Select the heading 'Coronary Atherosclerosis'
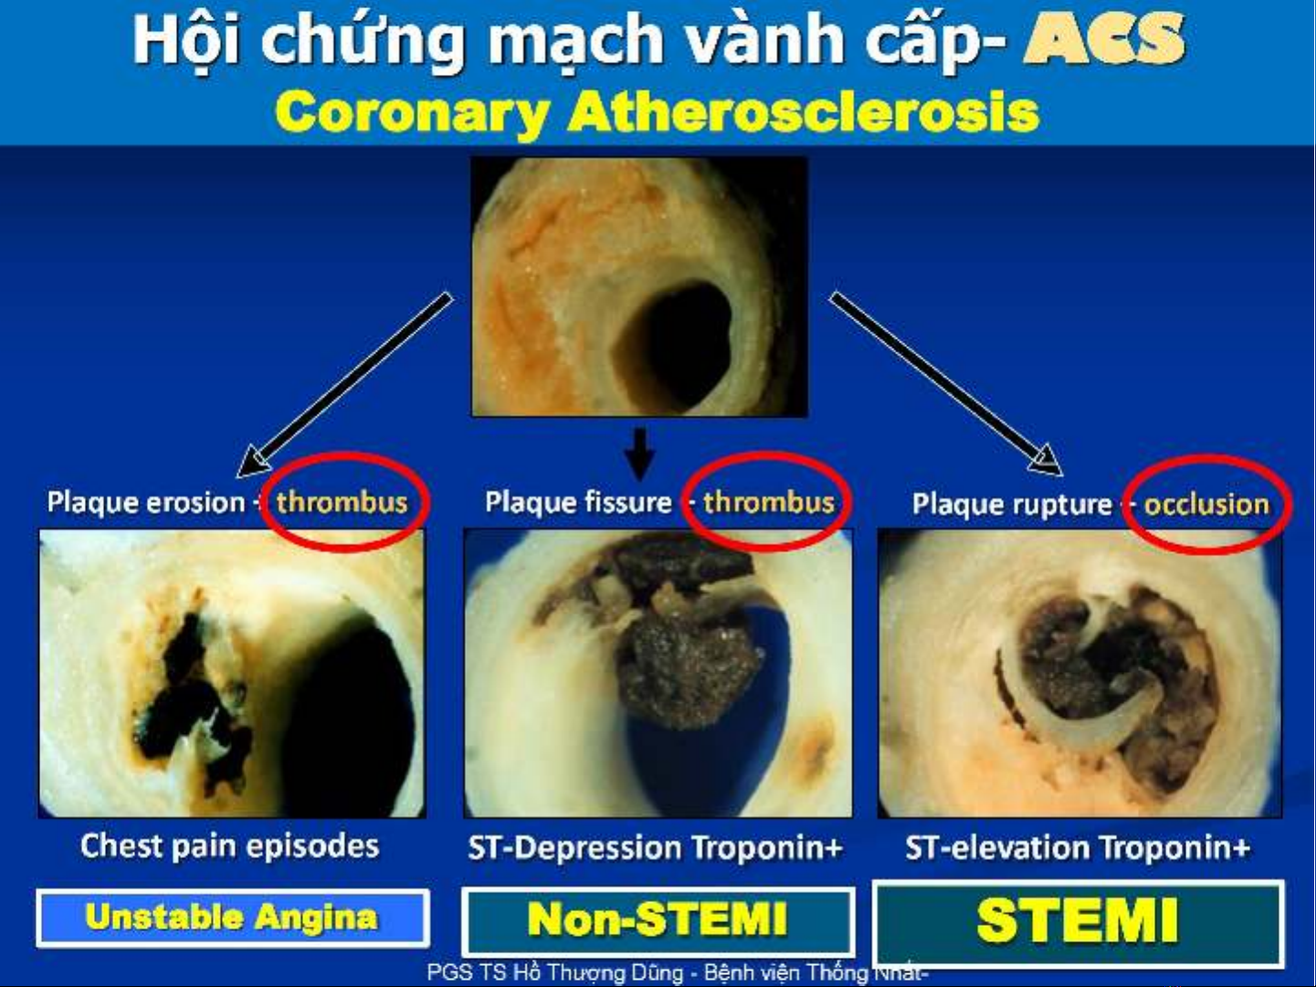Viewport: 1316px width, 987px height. [658, 112]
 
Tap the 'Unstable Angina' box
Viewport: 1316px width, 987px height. [233, 918]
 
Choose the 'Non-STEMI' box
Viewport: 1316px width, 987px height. [658, 919]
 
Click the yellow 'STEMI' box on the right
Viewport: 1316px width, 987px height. [1078, 921]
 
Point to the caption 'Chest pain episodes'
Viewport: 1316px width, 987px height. [229, 846]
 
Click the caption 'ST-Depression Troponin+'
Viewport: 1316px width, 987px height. [656, 847]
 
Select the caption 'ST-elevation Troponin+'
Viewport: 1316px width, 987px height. [1078, 847]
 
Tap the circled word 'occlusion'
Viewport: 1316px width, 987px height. [1206, 505]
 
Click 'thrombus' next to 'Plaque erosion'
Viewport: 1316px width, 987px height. [342, 501]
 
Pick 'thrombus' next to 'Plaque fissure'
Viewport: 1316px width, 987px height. [769, 502]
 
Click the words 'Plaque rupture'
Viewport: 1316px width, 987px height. [1012, 505]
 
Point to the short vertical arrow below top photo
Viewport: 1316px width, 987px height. [639, 455]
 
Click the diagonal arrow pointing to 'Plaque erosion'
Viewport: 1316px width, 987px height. [344, 385]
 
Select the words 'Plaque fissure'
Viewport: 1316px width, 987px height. [578, 502]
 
